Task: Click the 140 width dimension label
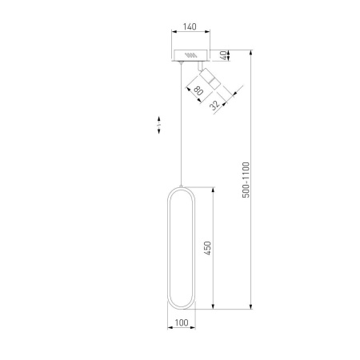pyautogui.click(x=190, y=26)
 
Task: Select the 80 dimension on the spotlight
pyautogui.click(x=198, y=90)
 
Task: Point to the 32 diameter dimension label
pyautogui.click(x=214, y=105)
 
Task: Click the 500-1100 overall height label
pyautogui.click(x=246, y=180)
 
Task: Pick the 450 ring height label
pyautogui.click(x=207, y=248)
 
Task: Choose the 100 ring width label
pyautogui.click(x=182, y=322)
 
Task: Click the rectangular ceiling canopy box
pyautogui.click(x=190, y=55)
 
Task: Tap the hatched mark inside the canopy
pyautogui.click(x=191, y=55)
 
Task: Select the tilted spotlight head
pyautogui.click(x=210, y=78)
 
